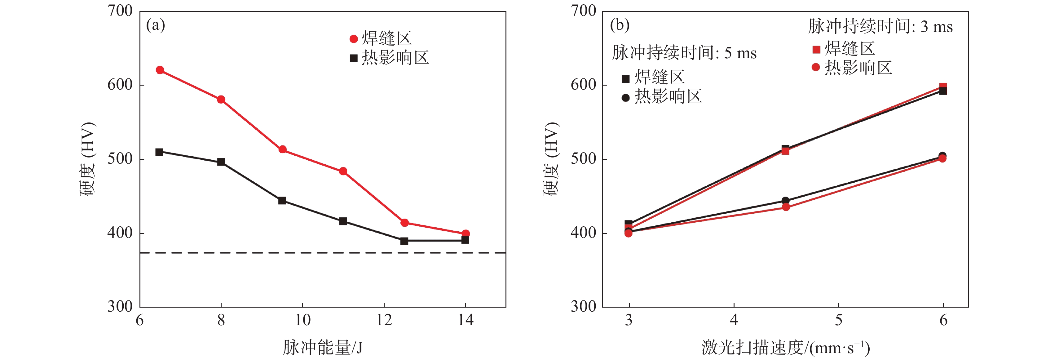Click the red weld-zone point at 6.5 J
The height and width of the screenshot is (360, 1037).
click(160, 70)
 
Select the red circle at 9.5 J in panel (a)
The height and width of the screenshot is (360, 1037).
click(282, 149)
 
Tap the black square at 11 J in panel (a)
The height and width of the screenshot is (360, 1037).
click(343, 221)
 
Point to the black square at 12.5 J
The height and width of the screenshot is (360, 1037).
click(404, 241)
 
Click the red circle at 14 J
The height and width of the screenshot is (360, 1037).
click(466, 233)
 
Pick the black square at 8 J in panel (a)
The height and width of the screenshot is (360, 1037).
click(221, 162)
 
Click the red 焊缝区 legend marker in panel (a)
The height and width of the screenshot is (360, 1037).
click(353, 39)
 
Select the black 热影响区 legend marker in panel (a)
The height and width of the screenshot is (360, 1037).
click(353, 58)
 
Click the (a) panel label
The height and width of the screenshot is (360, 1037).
click(155, 25)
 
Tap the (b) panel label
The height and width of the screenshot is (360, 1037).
click(620, 25)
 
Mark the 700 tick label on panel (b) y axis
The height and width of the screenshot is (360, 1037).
click(583, 11)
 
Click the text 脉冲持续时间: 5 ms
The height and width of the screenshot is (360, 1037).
click(684, 53)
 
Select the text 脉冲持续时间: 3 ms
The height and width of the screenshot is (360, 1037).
click(880, 27)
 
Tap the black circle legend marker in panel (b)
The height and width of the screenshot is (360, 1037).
click(625, 98)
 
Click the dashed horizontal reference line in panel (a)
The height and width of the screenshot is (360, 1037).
click(322, 253)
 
